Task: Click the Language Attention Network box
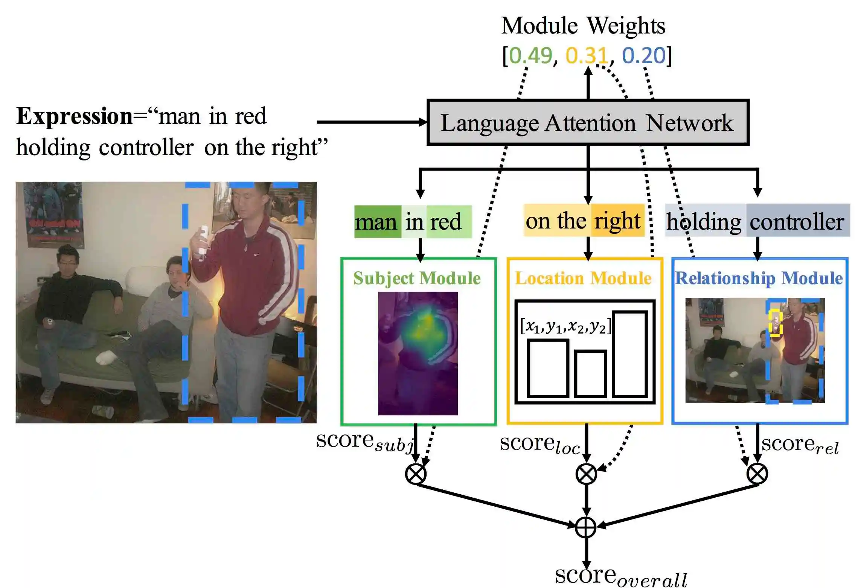pyautogui.click(x=588, y=122)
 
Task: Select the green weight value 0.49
pyautogui.click(x=530, y=56)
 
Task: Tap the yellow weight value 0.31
pyautogui.click(x=587, y=56)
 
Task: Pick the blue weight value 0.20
pyautogui.click(x=644, y=56)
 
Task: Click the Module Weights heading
pyautogui.click(x=583, y=26)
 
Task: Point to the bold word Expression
pyautogui.click(x=74, y=116)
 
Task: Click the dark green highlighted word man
pyautogui.click(x=376, y=222)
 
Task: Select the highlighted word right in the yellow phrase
pyautogui.click(x=617, y=221)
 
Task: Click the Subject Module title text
pyautogui.click(x=417, y=279)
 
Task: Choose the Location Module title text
pyautogui.click(x=583, y=279)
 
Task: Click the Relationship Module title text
pyautogui.click(x=759, y=279)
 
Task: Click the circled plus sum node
pyautogui.click(x=586, y=527)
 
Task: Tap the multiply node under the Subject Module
pyautogui.click(x=416, y=474)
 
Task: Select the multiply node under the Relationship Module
pyautogui.click(x=757, y=474)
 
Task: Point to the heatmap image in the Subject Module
pyautogui.click(x=418, y=353)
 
